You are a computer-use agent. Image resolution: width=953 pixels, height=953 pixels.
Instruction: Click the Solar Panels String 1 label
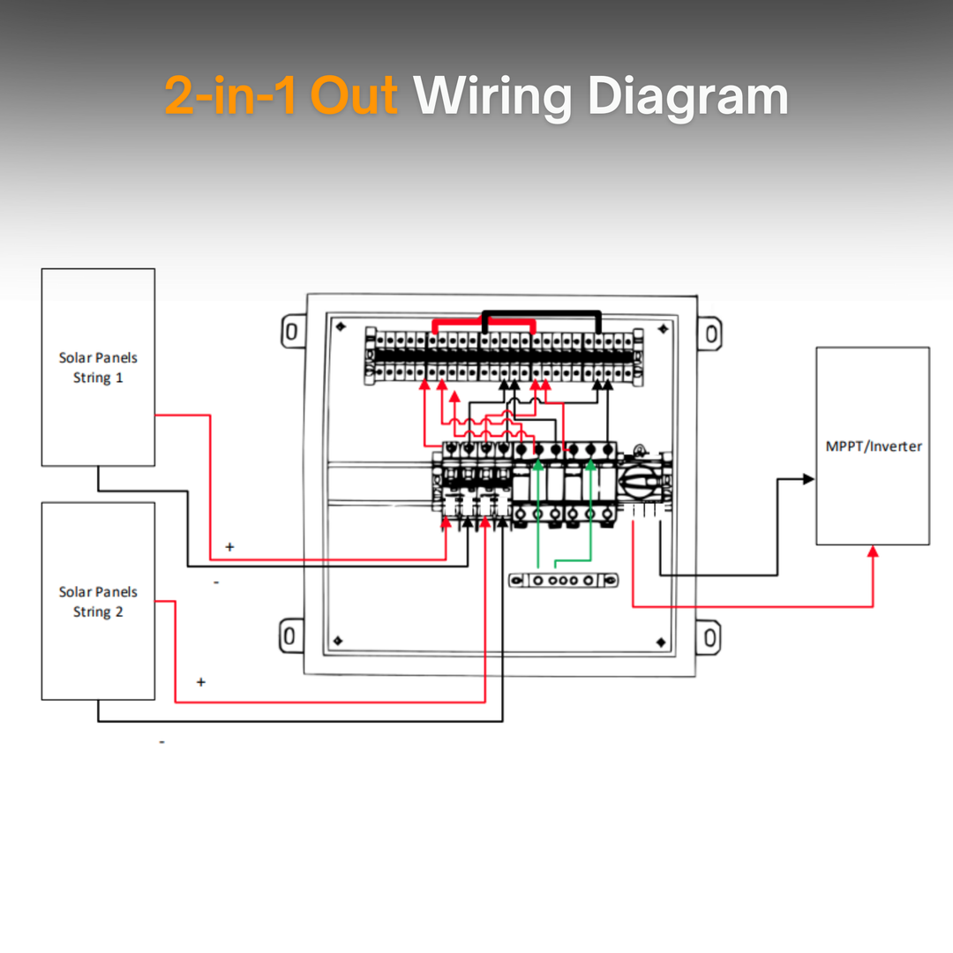coord(98,368)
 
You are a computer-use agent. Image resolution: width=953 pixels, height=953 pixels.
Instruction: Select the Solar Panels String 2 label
coord(98,602)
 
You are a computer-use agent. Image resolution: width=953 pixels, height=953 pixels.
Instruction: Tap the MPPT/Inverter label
coord(873,446)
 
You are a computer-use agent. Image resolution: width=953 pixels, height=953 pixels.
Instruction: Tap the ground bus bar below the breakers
coord(564,580)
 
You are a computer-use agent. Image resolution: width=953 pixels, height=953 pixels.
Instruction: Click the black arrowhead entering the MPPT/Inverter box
coord(808,479)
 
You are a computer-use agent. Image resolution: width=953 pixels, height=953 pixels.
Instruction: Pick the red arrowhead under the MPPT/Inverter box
coord(873,552)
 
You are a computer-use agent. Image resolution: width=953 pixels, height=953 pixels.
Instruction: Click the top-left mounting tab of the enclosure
coord(289,332)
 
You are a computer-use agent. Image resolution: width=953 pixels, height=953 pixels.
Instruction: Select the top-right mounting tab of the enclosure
coord(711,333)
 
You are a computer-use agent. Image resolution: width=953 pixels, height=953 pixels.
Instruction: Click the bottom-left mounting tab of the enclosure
coord(289,636)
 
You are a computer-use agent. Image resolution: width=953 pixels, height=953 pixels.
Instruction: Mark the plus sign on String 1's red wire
coord(229,547)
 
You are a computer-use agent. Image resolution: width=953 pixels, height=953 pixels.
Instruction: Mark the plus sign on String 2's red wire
coord(201,682)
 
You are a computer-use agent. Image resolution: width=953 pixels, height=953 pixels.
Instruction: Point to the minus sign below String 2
coord(161,742)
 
